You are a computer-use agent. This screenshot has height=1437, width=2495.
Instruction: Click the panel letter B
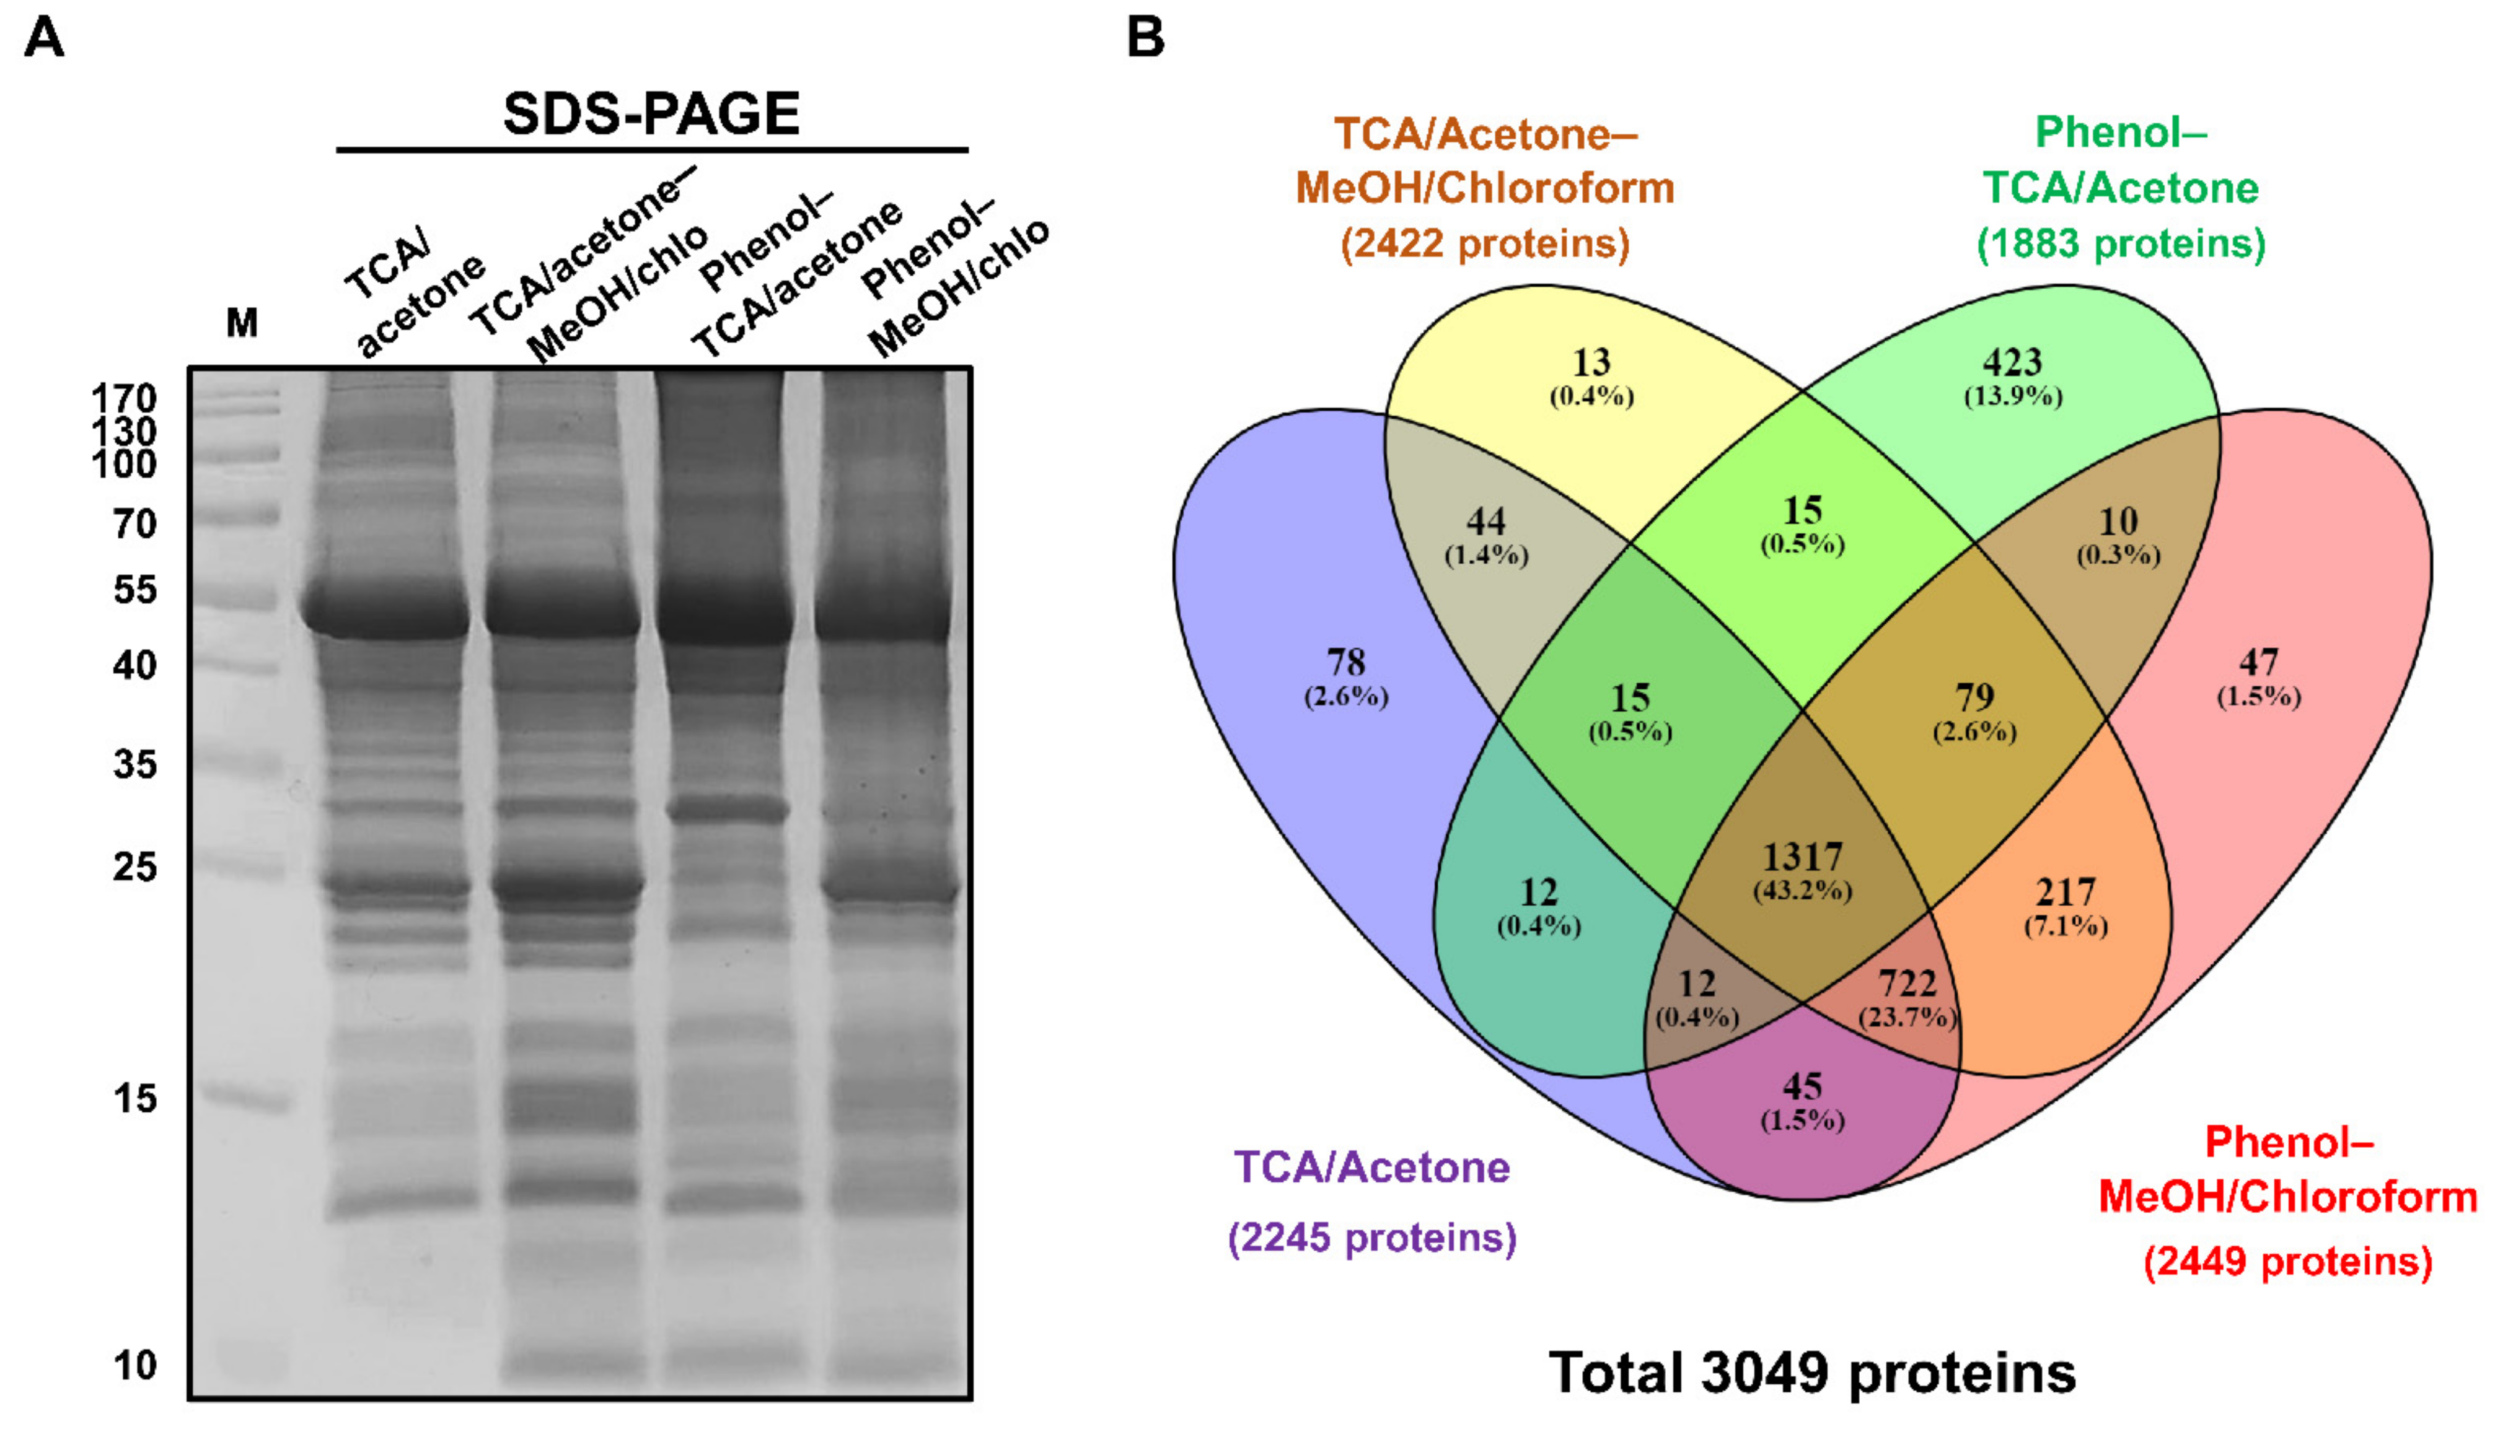(1145, 38)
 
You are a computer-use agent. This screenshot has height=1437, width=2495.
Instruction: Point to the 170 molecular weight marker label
(123, 399)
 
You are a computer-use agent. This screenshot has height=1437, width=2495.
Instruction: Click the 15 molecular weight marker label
(135, 1098)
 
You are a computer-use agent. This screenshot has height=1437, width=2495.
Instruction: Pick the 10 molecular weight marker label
(135, 1366)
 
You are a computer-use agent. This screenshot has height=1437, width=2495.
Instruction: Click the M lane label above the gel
(242, 323)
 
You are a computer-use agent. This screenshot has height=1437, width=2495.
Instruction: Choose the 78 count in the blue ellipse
(1346, 662)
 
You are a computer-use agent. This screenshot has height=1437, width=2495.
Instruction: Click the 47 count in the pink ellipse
(2259, 662)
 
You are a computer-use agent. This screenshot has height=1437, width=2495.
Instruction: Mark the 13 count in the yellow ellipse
(1591, 363)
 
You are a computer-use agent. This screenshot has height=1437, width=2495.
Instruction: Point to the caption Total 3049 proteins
(1813, 1373)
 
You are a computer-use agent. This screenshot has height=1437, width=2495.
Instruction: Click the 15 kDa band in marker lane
(247, 1098)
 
